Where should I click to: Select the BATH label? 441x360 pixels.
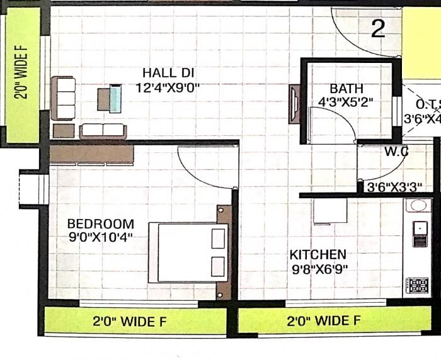point(346,89)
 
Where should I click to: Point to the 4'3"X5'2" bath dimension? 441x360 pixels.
point(346,101)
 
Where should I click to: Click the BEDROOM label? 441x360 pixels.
point(100,223)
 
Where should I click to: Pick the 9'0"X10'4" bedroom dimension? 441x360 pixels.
point(100,237)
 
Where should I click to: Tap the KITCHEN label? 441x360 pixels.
point(318,254)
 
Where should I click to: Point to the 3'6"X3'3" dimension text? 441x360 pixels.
point(394,187)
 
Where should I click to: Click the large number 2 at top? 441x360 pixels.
point(378,29)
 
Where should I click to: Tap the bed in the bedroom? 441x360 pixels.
point(188,252)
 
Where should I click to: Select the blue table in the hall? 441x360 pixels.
point(115,99)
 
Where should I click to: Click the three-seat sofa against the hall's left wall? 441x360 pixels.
point(64,98)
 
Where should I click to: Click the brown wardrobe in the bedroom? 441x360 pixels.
point(91,154)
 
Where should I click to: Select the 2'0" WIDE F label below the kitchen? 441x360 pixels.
point(324,321)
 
